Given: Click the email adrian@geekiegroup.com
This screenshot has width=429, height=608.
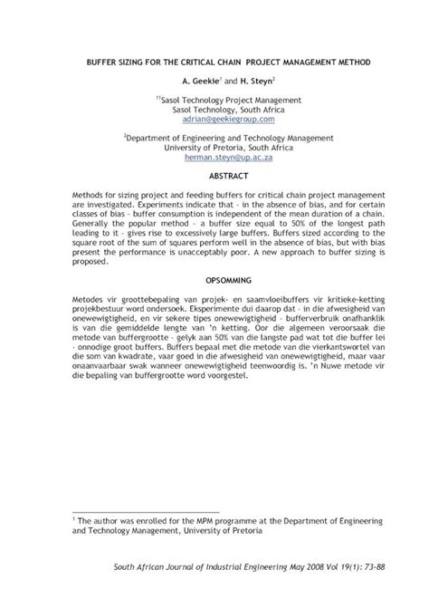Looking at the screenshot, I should coord(214,119).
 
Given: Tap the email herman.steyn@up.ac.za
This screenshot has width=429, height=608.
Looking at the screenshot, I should coord(214,156).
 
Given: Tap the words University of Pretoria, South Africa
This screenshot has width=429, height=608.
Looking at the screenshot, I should coord(214,146).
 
